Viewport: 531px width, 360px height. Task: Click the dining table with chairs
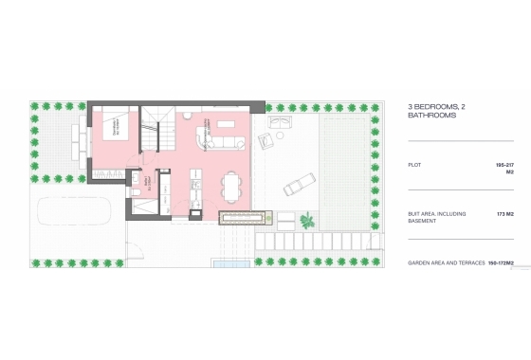pos(232,187)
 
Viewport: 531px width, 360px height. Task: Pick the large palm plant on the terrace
pos(307,221)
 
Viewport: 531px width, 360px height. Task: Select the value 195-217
pos(504,166)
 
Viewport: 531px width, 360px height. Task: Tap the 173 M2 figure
pos(504,214)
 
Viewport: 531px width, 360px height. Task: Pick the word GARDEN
pos(420,261)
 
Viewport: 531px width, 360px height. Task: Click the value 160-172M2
pos(502,261)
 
